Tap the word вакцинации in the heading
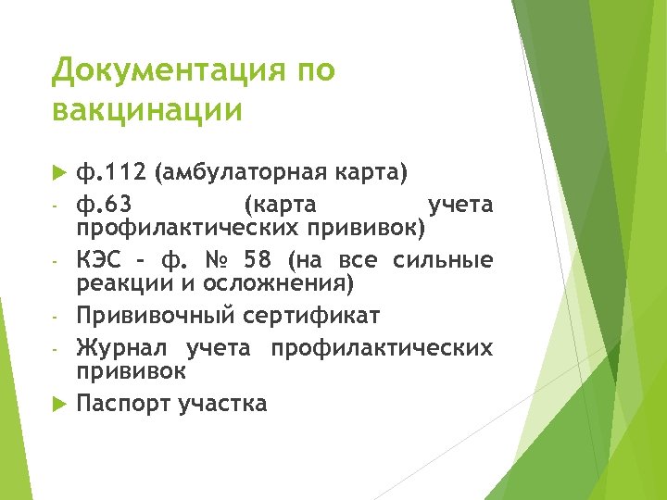(x=147, y=109)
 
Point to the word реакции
(x=120, y=282)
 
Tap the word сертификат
(x=312, y=317)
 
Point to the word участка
(x=224, y=404)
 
